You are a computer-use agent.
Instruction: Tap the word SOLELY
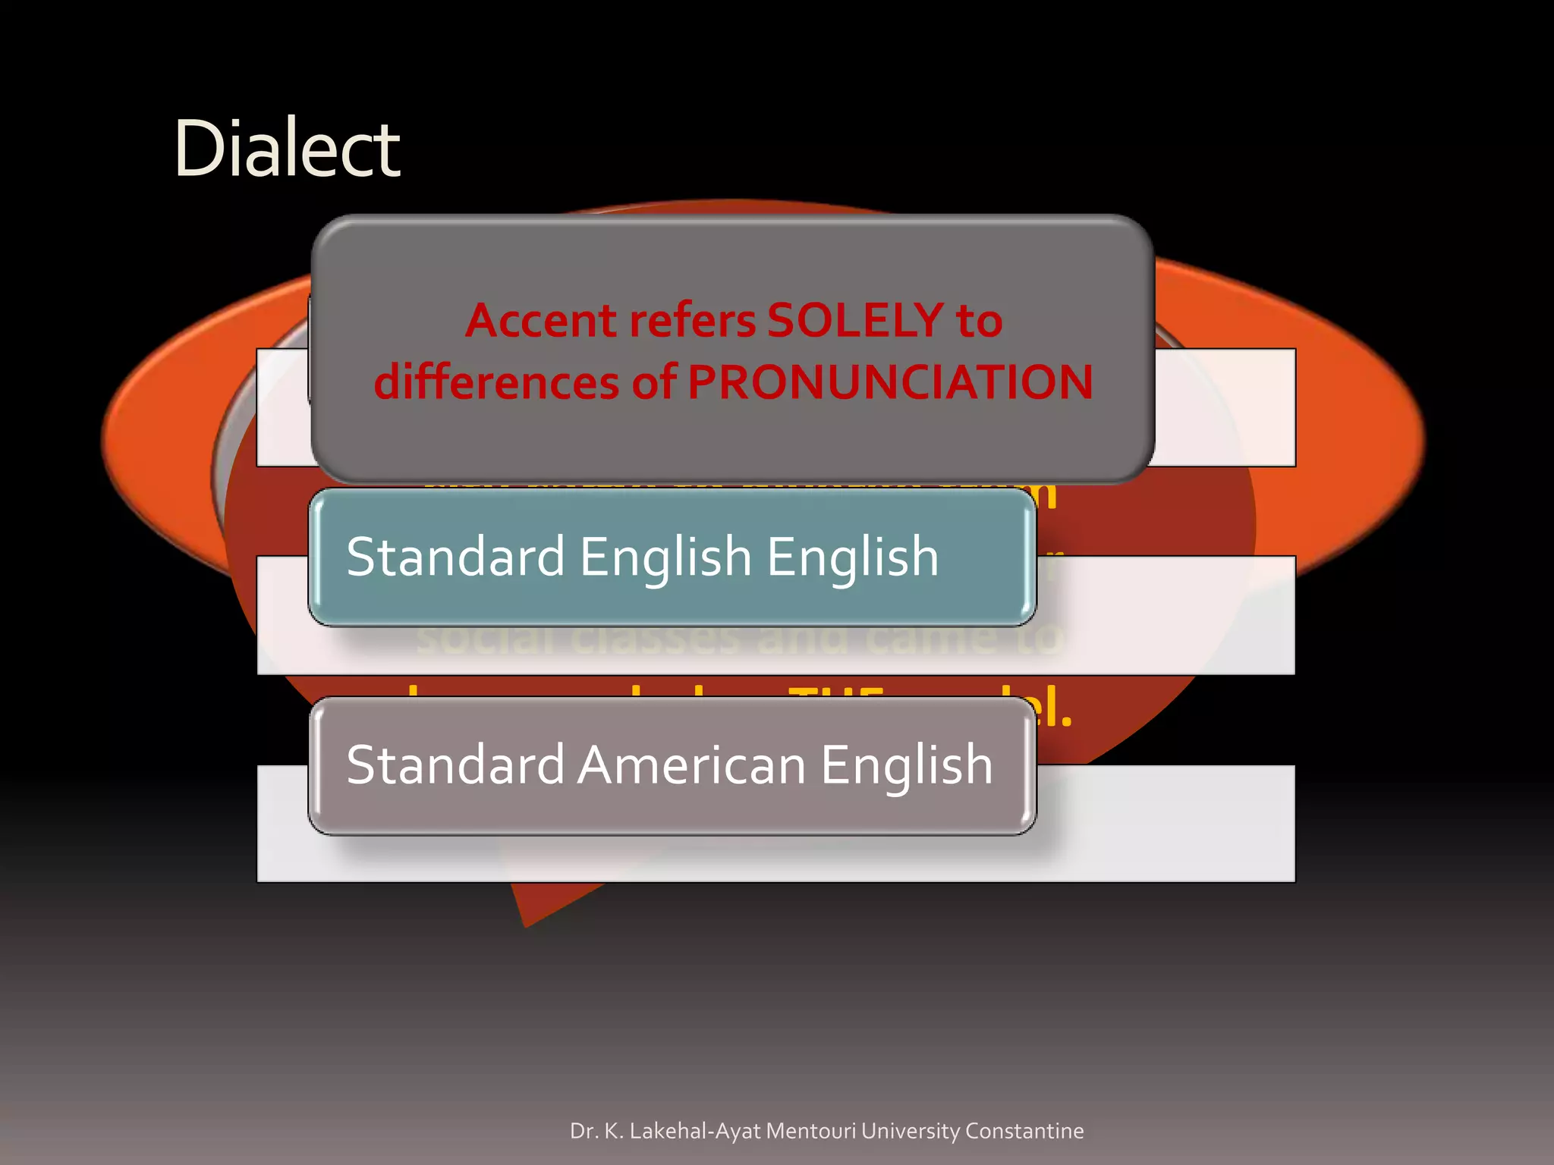click(x=855, y=321)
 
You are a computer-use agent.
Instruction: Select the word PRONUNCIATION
click(x=890, y=382)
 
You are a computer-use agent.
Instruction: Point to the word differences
click(x=497, y=382)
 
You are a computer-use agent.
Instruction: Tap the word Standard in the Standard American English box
click(x=455, y=765)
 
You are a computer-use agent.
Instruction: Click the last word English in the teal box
click(x=852, y=557)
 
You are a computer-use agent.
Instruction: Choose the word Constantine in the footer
click(x=1024, y=1131)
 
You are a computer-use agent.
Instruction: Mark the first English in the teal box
click(x=665, y=557)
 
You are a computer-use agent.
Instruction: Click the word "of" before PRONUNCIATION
click(x=654, y=382)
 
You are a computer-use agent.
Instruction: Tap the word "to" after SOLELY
click(x=979, y=321)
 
